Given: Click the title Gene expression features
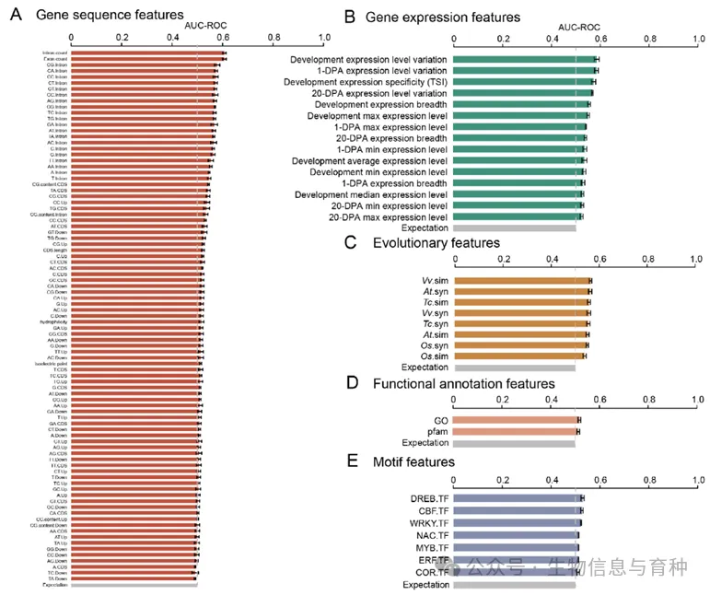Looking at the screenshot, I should click(x=443, y=17).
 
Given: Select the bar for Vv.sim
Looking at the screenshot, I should click(x=521, y=280).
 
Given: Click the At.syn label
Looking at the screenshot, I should click(x=435, y=291).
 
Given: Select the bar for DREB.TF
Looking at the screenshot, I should click(x=518, y=498).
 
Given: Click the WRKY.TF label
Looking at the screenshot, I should click(x=428, y=523).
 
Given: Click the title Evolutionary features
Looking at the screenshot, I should click(x=436, y=242).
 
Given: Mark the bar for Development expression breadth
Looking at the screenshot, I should click(x=520, y=105).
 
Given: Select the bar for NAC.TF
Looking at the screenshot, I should click(x=516, y=535).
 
